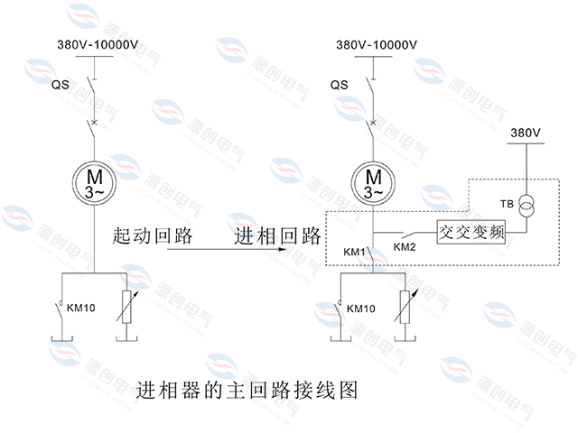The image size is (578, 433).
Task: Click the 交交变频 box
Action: pyautogui.click(x=470, y=231)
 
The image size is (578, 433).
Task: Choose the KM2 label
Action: pyautogui.click(x=406, y=246)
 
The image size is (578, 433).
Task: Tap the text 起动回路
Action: pyautogui.click(x=153, y=236)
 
